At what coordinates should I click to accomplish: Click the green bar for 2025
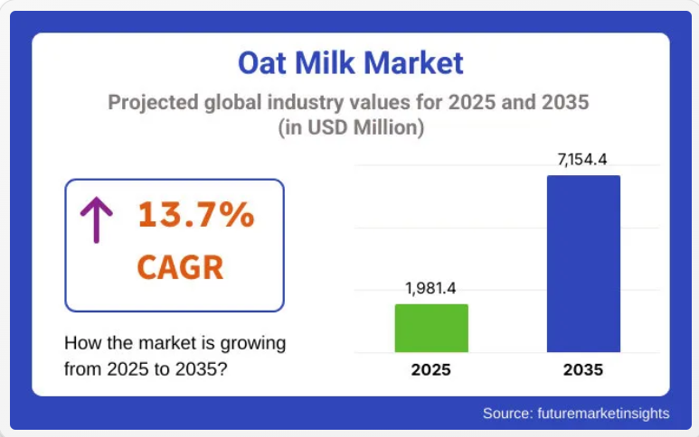(x=431, y=328)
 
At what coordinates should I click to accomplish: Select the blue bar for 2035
(x=583, y=264)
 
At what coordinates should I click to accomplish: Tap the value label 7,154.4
(x=582, y=160)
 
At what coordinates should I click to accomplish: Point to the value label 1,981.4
(x=430, y=289)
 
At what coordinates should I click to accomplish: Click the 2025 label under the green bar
(x=431, y=369)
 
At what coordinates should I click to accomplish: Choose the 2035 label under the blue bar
(x=583, y=369)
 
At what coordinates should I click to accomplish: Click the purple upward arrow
(x=97, y=219)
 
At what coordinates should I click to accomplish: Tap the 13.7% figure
(x=196, y=216)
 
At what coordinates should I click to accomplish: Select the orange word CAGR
(x=181, y=267)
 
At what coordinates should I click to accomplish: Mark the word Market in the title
(x=417, y=63)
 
